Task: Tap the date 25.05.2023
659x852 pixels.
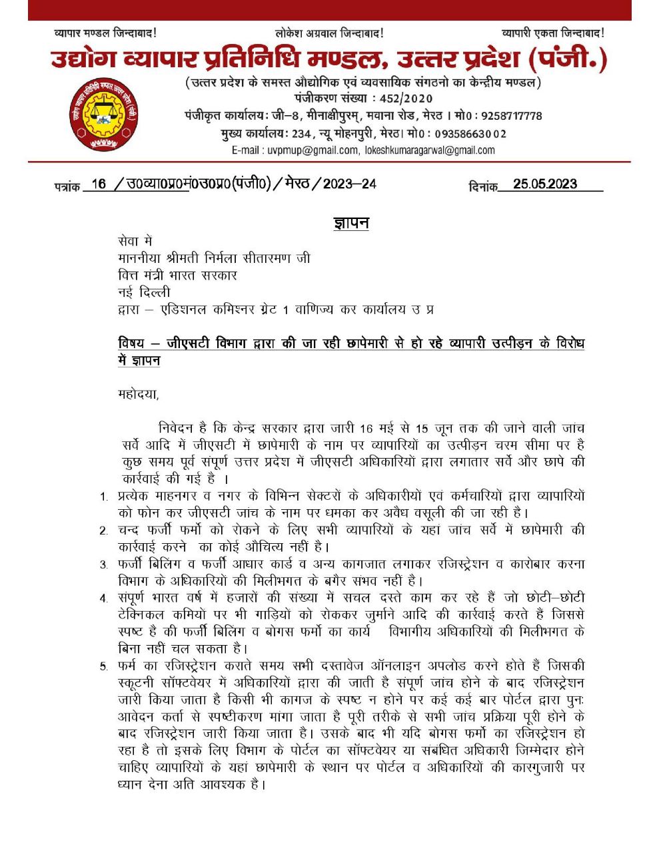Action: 545,184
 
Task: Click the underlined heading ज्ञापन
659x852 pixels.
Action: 351,223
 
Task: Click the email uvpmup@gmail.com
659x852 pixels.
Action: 313,150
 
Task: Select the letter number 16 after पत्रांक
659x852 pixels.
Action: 99,184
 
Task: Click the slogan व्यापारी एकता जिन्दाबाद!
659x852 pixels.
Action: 552,33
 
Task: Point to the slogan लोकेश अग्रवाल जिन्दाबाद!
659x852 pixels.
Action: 329,33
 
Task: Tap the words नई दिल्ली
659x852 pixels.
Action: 144,292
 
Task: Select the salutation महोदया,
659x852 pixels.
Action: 139,393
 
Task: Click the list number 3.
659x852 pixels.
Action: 104,565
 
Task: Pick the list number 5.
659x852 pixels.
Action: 104,666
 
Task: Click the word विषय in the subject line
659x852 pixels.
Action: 131,343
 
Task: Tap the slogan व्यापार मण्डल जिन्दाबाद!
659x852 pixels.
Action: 105,33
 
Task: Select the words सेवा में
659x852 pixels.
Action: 135,241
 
